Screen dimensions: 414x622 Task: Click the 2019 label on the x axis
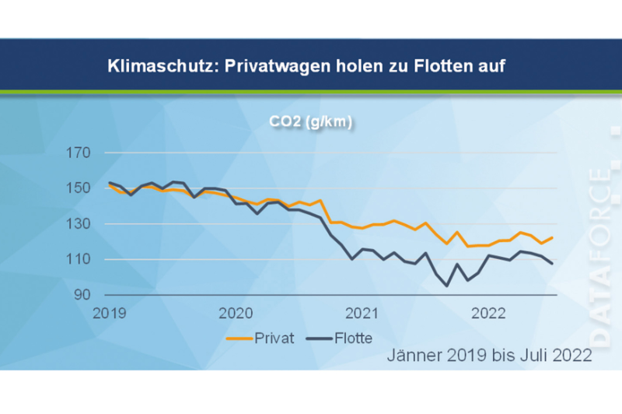[x=110, y=314]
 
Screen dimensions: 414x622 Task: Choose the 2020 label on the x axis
[x=236, y=314]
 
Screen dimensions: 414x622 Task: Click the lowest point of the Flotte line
[x=447, y=286]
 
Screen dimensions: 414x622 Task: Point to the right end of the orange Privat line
[x=553, y=237]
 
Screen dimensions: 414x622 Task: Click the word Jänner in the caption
[x=412, y=356]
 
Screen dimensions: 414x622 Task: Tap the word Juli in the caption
[x=539, y=356]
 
